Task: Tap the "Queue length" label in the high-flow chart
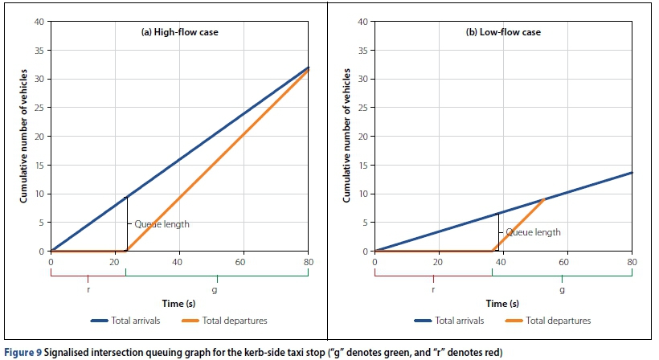click(x=162, y=224)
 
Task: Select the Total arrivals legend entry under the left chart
click(x=123, y=321)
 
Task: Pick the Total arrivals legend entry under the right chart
click(x=447, y=321)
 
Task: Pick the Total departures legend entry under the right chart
click(x=553, y=321)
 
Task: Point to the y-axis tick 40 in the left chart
click(x=39, y=21)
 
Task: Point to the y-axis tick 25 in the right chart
click(x=362, y=108)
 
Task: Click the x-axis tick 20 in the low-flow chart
click(x=439, y=261)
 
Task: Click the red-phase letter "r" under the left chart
click(x=88, y=287)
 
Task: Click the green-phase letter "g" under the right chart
click(x=562, y=287)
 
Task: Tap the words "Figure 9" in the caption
click(x=24, y=351)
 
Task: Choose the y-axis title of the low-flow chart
click(x=348, y=137)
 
